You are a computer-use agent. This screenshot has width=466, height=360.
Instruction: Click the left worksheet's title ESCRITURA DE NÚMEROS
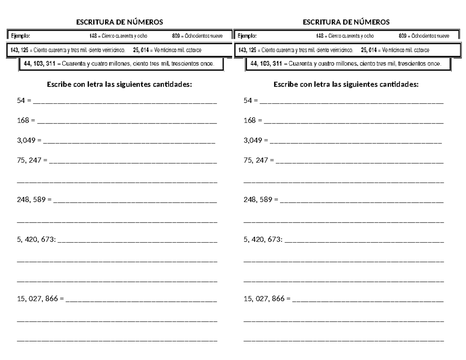point(120,22)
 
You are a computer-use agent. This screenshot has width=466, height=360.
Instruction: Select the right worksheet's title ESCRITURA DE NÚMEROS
point(346,22)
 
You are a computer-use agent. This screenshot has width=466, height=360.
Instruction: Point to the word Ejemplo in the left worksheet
point(19,36)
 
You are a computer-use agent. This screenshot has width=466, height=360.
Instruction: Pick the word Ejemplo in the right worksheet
point(245,36)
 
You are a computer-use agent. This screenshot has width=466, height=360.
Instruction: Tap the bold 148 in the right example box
point(320,36)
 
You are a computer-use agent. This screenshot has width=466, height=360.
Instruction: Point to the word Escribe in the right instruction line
point(286,84)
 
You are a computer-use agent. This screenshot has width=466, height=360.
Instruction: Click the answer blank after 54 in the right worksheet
point(351,102)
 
